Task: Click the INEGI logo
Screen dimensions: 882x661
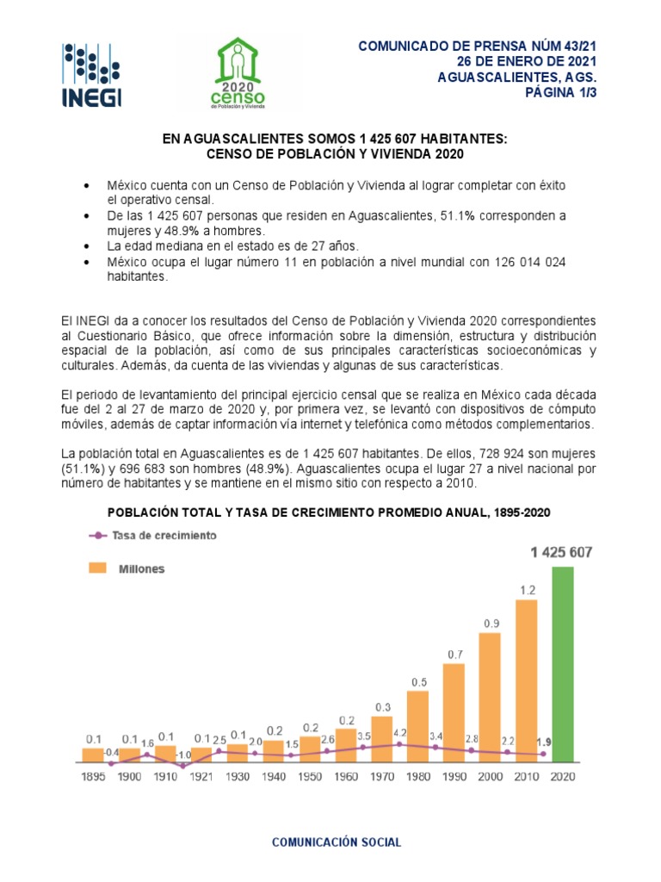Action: pyautogui.click(x=91, y=76)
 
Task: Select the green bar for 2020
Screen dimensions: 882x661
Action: pyautogui.click(x=563, y=665)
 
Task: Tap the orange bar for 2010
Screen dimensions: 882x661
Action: pyautogui.click(x=526, y=680)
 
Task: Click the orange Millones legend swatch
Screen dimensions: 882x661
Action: pyautogui.click(x=96, y=568)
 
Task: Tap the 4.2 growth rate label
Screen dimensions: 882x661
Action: pyautogui.click(x=399, y=733)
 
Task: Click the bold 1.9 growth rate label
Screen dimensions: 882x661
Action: pyautogui.click(x=544, y=742)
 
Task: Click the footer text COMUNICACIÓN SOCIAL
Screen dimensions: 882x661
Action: pyautogui.click(x=337, y=842)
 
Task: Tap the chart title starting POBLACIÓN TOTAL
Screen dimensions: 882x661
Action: pyautogui.click(x=329, y=512)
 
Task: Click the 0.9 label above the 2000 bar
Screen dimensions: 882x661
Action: pyautogui.click(x=491, y=623)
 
